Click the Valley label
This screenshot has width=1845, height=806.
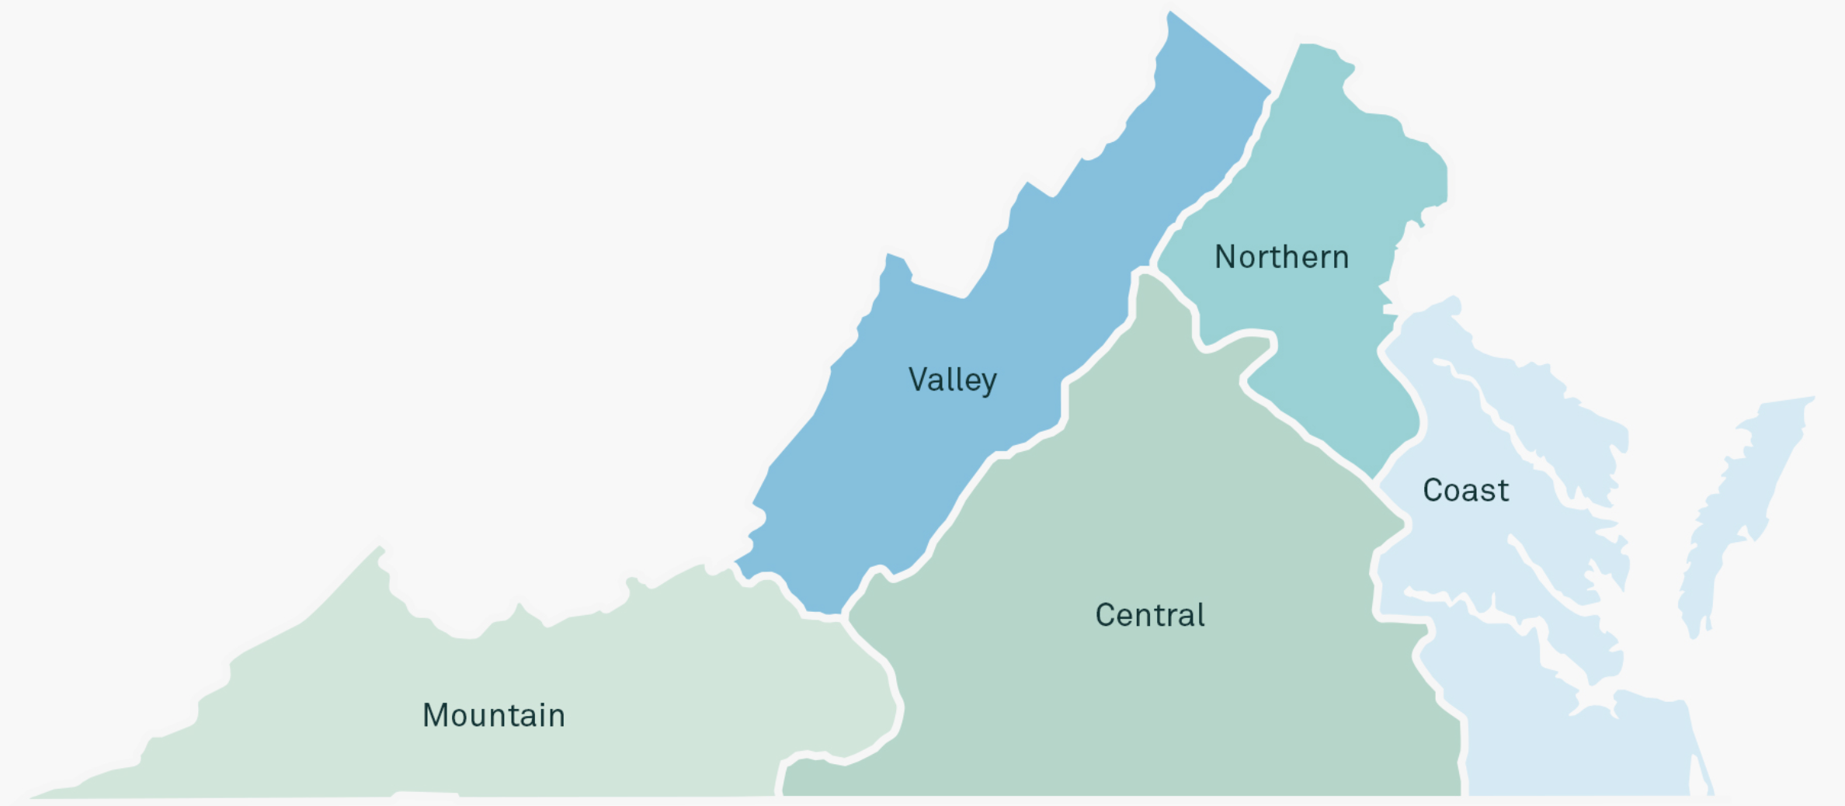point(952,380)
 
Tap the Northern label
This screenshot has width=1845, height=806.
point(1281,257)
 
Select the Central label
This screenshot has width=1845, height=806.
point(1149,615)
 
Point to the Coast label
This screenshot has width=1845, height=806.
point(1465,491)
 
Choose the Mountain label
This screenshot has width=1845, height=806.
point(494,715)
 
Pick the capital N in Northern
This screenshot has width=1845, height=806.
point(1225,257)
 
